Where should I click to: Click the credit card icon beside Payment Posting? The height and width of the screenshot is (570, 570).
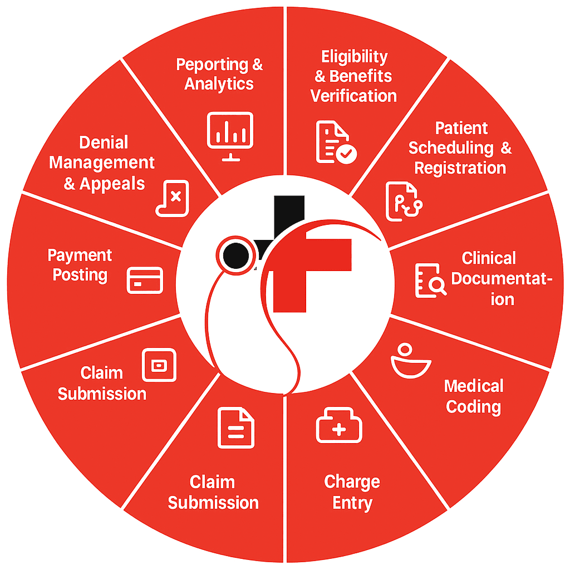145,280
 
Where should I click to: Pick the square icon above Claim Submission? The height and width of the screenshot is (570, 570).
159,365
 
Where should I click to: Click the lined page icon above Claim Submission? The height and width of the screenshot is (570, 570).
236,427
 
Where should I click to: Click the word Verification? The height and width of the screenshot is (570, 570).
353,96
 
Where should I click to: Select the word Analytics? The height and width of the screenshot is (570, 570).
219,84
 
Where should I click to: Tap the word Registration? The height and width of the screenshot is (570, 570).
460,168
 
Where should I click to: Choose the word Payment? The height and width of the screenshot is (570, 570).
80,255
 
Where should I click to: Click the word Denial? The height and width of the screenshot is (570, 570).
104,142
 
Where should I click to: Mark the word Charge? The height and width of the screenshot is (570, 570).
352,481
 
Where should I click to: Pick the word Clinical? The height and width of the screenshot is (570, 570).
489,258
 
